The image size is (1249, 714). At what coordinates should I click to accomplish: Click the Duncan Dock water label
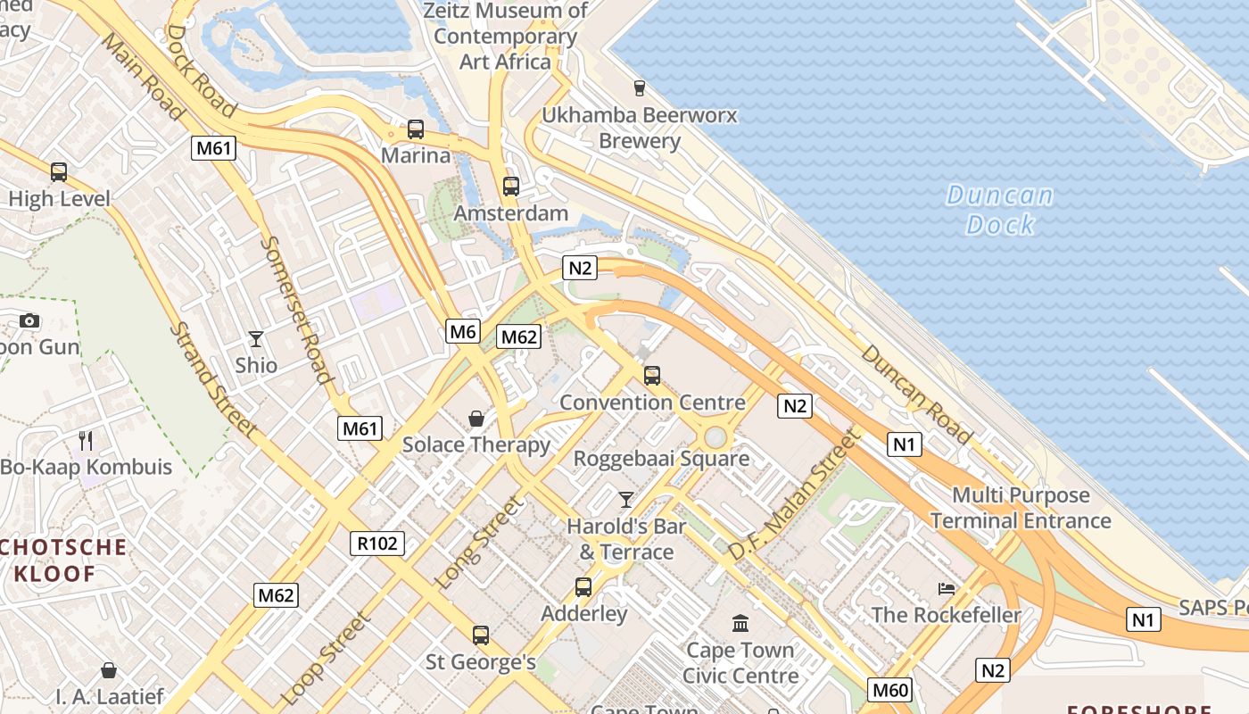pos(999,210)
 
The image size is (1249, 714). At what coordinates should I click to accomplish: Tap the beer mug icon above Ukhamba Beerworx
pos(639,87)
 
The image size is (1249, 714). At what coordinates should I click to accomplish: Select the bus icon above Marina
pos(416,129)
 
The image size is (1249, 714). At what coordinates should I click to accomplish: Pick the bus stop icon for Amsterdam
pos(510,187)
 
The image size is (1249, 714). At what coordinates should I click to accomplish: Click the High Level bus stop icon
pos(59,172)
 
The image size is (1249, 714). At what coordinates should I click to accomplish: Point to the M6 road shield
pos(463,332)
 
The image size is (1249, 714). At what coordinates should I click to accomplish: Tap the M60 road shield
pos(890,689)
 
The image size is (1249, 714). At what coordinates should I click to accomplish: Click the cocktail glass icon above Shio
pos(256,339)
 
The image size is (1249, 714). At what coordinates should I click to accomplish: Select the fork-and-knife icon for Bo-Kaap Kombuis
pos(86,440)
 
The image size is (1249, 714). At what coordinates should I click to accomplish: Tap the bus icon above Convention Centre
pos(652,376)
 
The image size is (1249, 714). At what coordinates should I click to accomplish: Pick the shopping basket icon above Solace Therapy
pos(476,418)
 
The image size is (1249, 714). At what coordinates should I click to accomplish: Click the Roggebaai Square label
pos(661,459)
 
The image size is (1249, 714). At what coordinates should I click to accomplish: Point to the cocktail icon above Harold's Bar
pos(626,499)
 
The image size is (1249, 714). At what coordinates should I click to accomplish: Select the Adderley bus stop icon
pos(583,587)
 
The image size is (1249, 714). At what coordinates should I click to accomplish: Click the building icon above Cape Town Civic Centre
pos(740,623)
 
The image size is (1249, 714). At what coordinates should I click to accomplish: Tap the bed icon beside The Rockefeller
pos(947,589)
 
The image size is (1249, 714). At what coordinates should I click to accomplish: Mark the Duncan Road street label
pos(916,394)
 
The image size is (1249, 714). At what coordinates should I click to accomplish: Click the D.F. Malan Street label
pos(792,495)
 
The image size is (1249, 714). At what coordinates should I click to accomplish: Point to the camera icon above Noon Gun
pos(29,320)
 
